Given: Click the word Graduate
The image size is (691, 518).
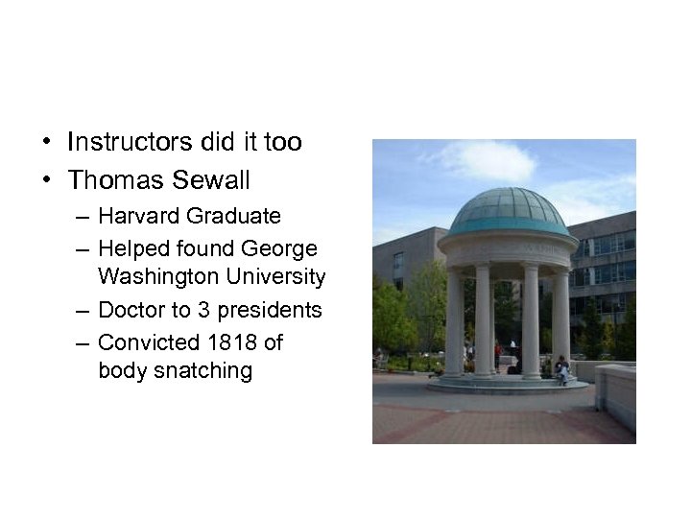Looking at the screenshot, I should point(235,217).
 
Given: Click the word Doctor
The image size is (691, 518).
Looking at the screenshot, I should point(131,311).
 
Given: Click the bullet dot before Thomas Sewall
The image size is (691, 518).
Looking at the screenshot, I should point(47,180).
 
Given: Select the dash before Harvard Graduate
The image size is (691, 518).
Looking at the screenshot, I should point(82,217).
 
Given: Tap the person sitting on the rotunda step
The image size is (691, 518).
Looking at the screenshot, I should point(561,368).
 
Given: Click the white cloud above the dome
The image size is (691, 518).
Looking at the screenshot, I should point(485,160).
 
